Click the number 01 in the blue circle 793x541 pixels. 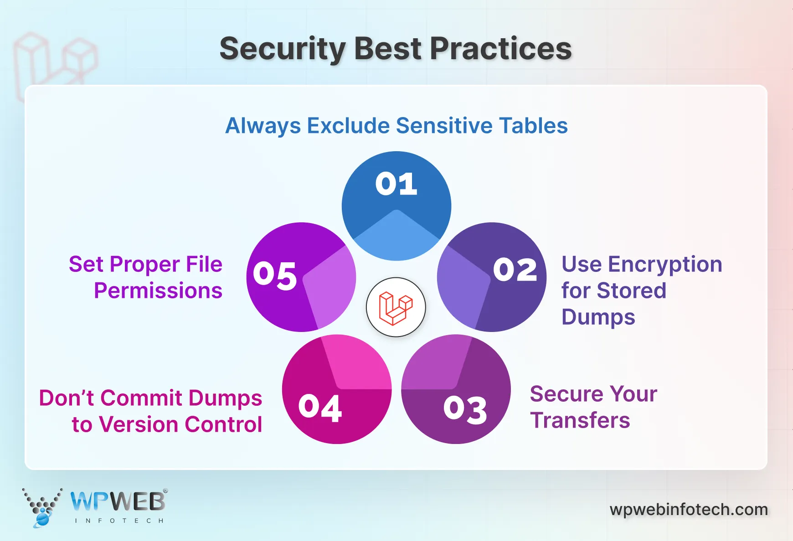396,184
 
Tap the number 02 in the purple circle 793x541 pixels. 515,270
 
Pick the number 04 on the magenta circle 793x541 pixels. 320,408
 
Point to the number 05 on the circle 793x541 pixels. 275,275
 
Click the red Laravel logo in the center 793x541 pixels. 396,308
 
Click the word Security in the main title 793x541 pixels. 283,49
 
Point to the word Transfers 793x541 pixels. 580,420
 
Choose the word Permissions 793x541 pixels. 158,291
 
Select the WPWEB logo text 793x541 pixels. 118,502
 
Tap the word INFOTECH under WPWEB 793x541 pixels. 119,521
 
